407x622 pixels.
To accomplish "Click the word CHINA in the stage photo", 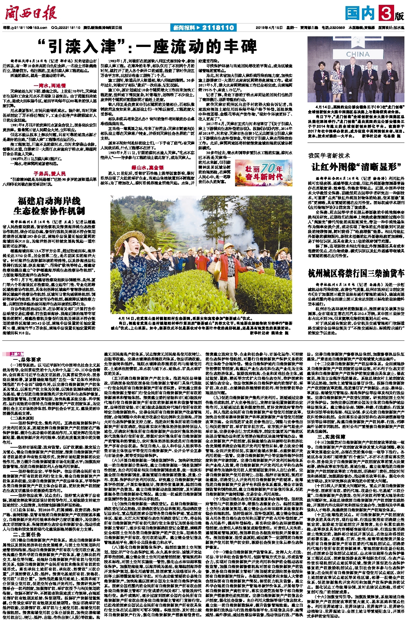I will click(358, 54).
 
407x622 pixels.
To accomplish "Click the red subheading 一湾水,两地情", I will click(52, 86).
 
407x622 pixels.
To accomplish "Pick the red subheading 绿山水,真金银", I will click(147, 168).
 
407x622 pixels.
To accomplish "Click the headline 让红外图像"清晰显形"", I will click(357, 167).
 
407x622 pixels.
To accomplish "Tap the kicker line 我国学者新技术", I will click(329, 156).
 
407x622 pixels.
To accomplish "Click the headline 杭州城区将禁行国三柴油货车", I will click(356, 274).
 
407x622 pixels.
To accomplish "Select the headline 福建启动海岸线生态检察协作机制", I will click(49, 207).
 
